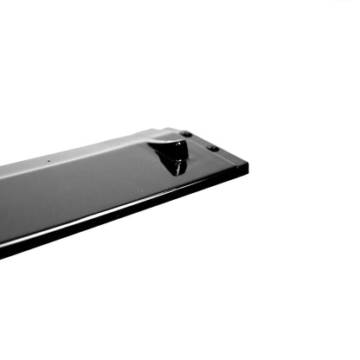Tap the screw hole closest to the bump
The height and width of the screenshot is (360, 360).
pos(186,134)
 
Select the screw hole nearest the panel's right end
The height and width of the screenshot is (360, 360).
pos(213,148)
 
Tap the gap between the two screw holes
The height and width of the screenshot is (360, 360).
pos(200,141)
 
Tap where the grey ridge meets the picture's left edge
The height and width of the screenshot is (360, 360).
pos(3,170)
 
